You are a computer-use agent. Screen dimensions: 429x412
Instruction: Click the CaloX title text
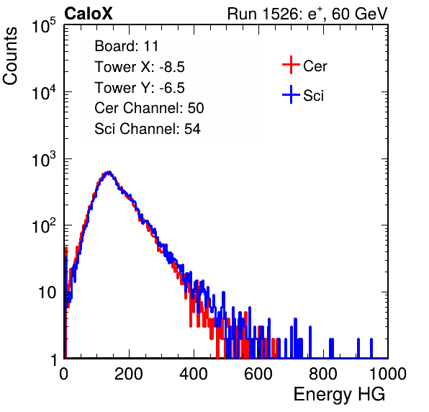[x=89, y=14]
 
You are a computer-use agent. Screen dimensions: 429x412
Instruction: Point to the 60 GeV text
[x=360, y=14]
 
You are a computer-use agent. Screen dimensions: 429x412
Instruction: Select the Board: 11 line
[x=127, y=46]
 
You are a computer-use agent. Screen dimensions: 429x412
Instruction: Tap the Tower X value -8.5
[x=172, y=67]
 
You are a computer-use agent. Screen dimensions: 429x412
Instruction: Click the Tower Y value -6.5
[x=172, y=88]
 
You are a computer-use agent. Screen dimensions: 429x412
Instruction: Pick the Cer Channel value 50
[x=196, y=108]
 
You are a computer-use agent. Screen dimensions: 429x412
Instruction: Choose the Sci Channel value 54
[x=192, y=129]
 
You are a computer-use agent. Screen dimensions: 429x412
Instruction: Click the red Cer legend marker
[x=291, y=65]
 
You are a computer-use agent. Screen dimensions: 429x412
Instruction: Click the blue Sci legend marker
[x=291, y=95]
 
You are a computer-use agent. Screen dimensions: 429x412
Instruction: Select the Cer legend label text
[x=315, y=66]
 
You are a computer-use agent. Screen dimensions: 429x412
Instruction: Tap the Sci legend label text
[x=314, y=96]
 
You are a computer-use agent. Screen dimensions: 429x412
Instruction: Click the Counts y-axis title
[x=10, y=56]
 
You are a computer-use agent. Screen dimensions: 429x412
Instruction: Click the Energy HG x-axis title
[x=339, y=395]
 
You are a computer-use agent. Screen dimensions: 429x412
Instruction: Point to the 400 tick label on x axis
[x=194, y=374]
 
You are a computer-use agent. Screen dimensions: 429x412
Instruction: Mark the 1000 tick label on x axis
[x=387, y=374]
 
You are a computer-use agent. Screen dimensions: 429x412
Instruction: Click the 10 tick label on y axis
[x=47, y=292]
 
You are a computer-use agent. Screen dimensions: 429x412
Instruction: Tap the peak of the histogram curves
[x=109, y=172]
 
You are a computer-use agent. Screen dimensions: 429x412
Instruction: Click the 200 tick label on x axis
[x=129, y=374]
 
